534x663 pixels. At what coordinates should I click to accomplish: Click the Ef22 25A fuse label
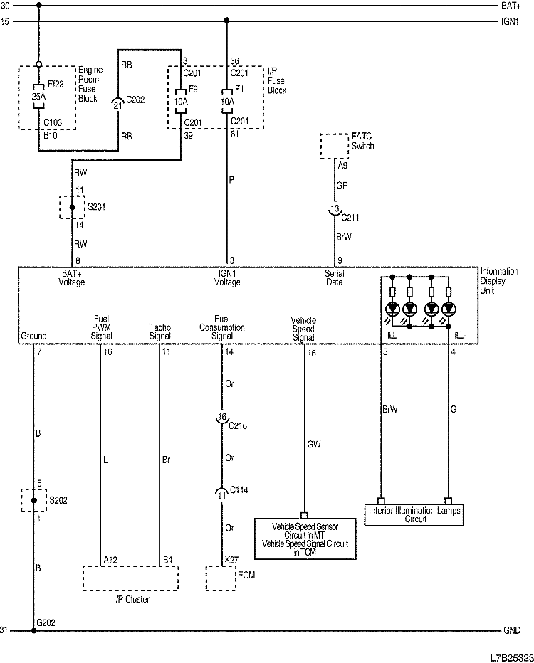38,90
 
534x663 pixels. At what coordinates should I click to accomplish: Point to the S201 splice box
71,207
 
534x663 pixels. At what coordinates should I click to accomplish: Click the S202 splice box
33,500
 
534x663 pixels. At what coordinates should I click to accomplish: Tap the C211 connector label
350,217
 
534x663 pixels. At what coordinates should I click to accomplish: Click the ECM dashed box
221,578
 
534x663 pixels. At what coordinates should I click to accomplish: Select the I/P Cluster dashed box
130,578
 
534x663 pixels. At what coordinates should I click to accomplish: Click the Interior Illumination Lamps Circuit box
414,515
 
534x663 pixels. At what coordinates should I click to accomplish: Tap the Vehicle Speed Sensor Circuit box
305,539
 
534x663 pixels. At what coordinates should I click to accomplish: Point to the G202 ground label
46,623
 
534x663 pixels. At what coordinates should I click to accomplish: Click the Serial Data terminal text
334,277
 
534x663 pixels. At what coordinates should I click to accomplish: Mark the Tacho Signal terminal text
159,331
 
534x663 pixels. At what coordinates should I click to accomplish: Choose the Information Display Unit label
499,280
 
